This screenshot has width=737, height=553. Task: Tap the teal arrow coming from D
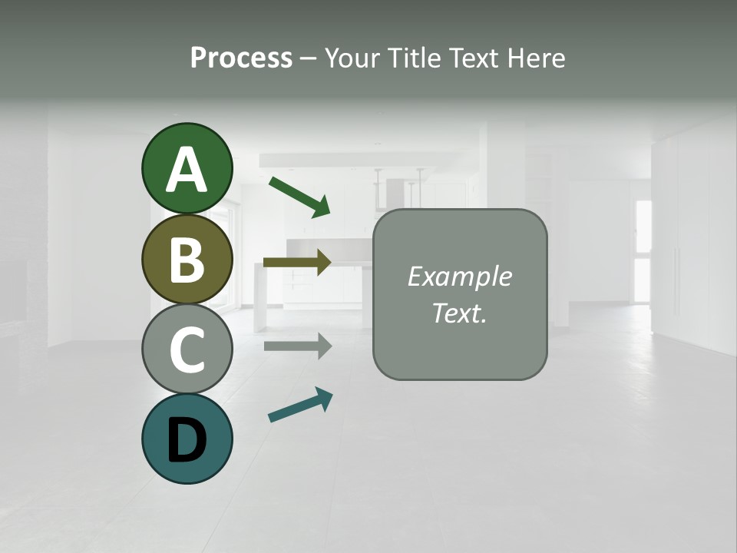click(x=300, y=405)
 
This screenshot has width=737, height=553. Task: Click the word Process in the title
click(x=241, y=58)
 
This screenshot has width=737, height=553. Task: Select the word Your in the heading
click(x=353, y=58)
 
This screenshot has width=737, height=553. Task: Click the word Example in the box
click(x=459, y=276)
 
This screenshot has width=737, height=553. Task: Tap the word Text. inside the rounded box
click(x=459, y=313)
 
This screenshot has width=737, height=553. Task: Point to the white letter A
click(x=187, y=171)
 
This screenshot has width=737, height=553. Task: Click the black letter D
click(x=187, y=441)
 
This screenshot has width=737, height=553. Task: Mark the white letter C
click(x=187, y=350)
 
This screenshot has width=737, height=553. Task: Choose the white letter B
click(x=187, y=260)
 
